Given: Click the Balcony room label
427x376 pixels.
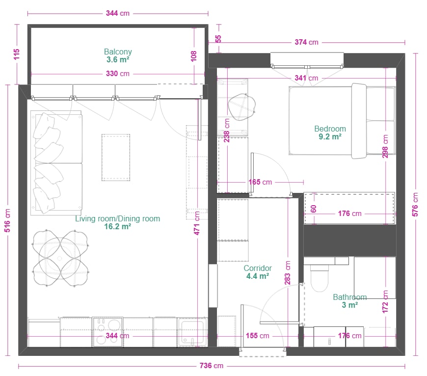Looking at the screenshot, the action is point(118,52).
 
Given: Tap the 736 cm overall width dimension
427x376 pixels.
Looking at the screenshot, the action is point(212,366).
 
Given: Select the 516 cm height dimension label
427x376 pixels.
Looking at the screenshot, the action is point(7,220).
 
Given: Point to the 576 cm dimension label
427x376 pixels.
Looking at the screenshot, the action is point(415,205).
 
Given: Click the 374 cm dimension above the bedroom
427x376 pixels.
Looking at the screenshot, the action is point(306,42).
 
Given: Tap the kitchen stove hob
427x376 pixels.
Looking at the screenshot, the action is point(107,332).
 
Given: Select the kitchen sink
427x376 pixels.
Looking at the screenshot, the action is point(192,332).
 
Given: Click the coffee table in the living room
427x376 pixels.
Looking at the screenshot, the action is point(116,158).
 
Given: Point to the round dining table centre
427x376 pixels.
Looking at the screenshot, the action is point(60,258).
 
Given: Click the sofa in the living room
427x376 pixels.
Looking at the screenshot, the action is point(56,163).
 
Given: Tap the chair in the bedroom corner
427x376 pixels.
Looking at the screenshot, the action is point(242,107).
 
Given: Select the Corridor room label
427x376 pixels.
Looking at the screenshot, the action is point(258,268).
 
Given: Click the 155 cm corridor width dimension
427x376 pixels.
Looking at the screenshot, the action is point(257,336).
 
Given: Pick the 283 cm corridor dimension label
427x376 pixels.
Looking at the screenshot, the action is point(288,273).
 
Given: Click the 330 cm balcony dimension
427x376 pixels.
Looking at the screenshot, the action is point(118,74).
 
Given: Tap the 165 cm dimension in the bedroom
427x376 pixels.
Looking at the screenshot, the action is point(260,182).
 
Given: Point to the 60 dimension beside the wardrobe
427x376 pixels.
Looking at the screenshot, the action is point(314,209).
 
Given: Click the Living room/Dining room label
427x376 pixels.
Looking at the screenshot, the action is point(118,218).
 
